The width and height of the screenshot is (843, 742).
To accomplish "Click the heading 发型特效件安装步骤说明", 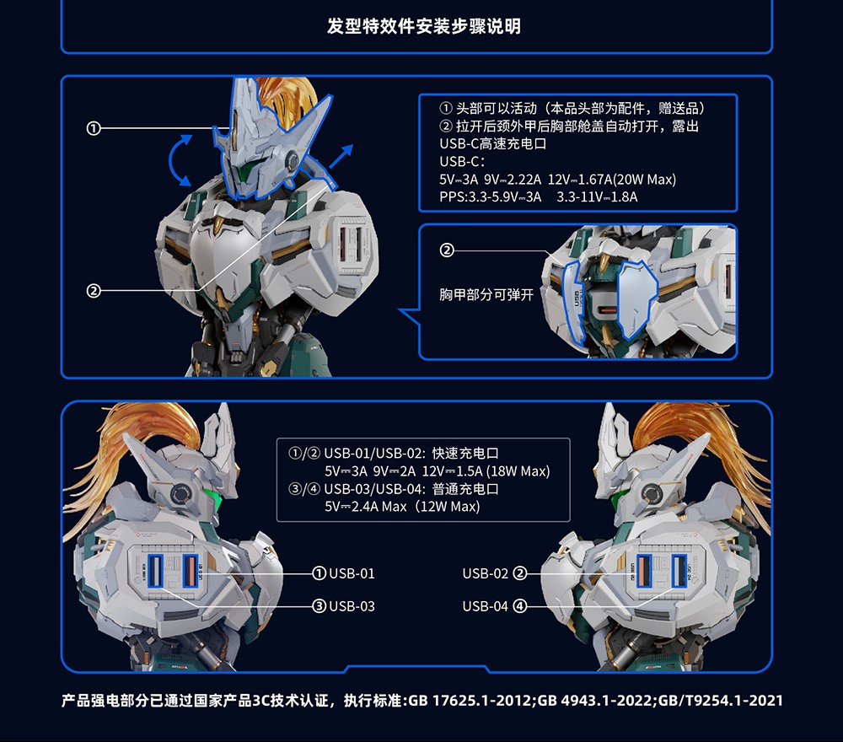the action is click(x=424, y=26).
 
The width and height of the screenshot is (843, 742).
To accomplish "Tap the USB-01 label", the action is click(x=352, y=573).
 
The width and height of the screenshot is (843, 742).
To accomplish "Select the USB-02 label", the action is click(x=485, y=573).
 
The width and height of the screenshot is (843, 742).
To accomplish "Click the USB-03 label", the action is click(x=352, y=606).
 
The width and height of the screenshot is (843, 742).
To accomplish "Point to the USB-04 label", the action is click(x=485, y=606).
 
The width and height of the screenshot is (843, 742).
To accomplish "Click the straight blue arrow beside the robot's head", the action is click(x=341, y=156).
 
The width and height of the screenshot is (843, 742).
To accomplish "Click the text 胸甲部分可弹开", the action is click(x=486, y=294).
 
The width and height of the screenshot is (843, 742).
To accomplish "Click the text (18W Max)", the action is click(x=518, y=471).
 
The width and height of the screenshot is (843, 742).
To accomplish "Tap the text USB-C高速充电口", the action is click(x=492, y=144).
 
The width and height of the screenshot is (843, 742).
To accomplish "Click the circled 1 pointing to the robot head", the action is click(x=94, y=128).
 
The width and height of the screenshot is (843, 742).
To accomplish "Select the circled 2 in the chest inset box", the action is click(x=447, y=250).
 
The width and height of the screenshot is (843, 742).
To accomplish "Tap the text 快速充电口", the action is click(x=465, y=454).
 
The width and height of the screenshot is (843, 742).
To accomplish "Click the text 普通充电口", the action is click(x=465, y=489).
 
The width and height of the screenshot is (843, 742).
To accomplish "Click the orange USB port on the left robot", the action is click(x=189, y=571).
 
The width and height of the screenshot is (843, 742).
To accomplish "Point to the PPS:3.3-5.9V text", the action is click(x=490, y=197).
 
